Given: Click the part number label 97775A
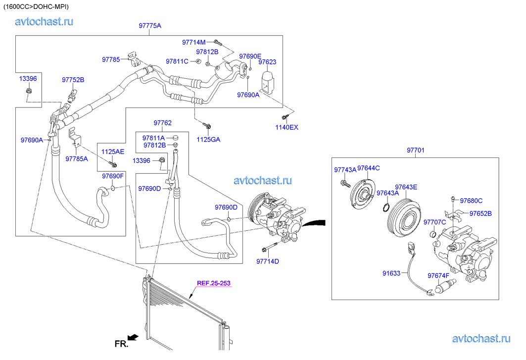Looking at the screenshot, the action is (x=150, y=26).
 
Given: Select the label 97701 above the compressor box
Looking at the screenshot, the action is (x=415, y=150).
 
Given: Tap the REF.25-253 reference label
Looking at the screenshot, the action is (x=214, y=283).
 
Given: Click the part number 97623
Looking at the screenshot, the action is (x=267, y=62).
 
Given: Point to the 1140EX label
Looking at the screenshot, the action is (x=287, y=127).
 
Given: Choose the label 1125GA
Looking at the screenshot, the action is (x=208, y=139).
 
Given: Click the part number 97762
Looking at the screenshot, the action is (x=162, y=123).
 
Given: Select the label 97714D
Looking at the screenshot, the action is (x=267, y=261).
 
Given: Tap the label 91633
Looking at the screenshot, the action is (x=391, y=273).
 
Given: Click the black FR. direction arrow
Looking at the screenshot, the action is (x=133, y=337).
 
